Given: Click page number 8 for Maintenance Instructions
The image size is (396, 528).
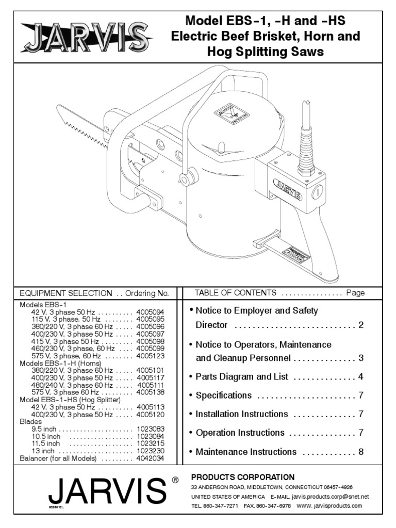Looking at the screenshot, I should (361, 452).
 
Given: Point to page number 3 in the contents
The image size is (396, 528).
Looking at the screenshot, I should (361, 358).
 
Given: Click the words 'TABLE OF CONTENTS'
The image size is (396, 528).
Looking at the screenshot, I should (235, 293).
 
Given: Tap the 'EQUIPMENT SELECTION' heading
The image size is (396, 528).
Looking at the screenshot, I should (65, 293).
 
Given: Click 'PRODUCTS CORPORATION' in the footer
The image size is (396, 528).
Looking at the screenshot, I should (243, 477).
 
